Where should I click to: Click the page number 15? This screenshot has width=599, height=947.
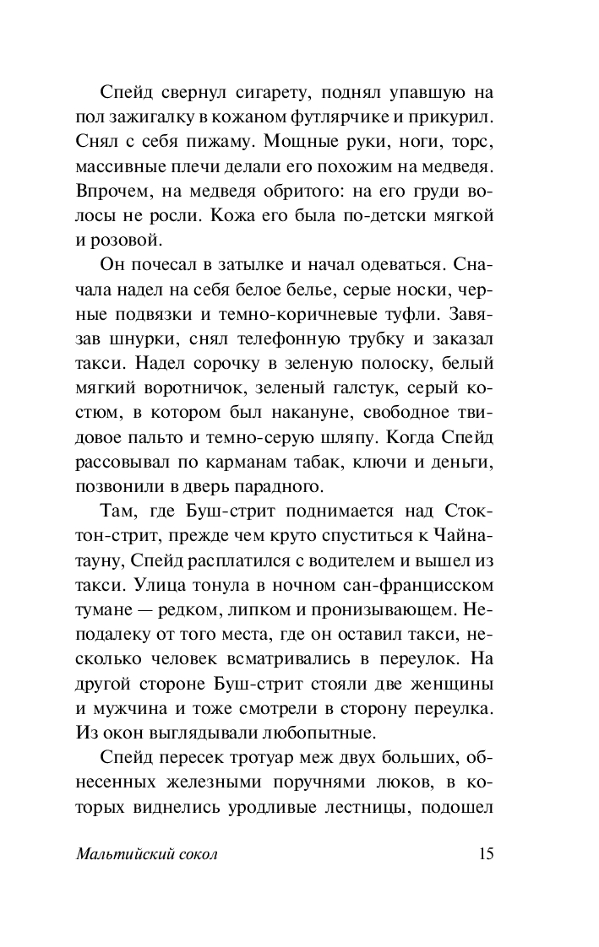coord(486,853)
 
